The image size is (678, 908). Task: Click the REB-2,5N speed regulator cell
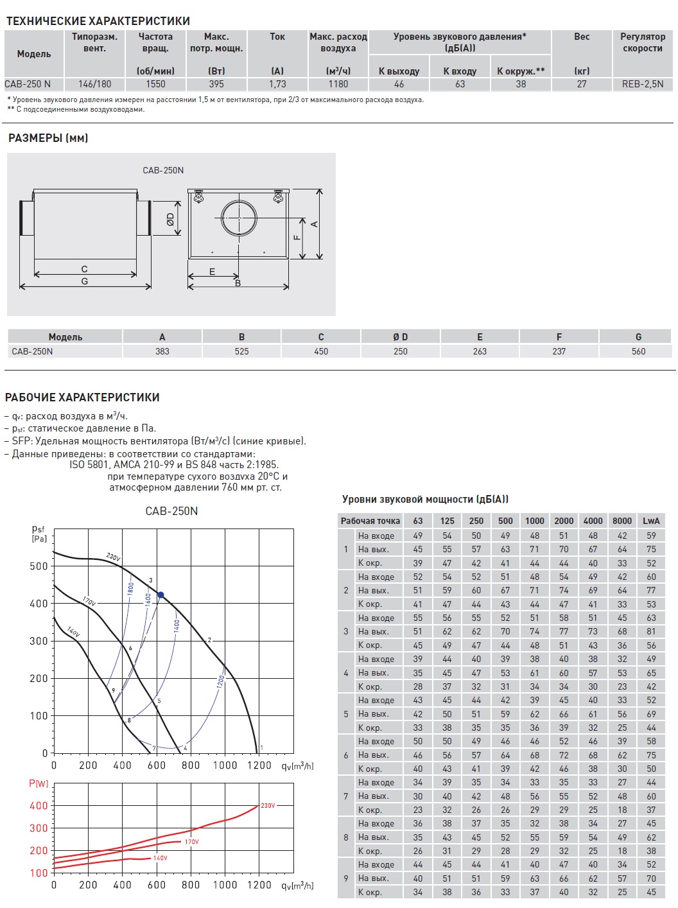point(642,83)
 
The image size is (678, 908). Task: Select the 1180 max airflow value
point(338,83)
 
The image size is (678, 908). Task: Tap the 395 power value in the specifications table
point(216,83)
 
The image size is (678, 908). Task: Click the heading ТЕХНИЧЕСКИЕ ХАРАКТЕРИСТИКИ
point(98,21)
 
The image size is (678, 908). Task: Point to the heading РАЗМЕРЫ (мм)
point(48,138)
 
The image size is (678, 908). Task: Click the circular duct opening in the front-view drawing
point(239,218)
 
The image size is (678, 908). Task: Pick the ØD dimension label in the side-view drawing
point(170,219)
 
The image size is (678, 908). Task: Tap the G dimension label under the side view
point(85,281)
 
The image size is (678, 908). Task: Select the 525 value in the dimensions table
point(241,351)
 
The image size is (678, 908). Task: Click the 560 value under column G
point(638,351)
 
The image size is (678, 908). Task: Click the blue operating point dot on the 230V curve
point(161,595)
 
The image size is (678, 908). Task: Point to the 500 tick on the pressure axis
point(39,566)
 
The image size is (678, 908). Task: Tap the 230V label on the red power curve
point(268,805)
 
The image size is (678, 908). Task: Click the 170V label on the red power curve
point(191,841)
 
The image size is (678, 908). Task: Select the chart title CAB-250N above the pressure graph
point(171,511)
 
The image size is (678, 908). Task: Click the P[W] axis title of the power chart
point(39,783)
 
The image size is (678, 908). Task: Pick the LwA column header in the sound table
point(651,521)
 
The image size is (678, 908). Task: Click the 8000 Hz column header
point(621,521)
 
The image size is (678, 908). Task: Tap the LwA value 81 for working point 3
point(651,631)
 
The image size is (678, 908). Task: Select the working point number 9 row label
point(345,878)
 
